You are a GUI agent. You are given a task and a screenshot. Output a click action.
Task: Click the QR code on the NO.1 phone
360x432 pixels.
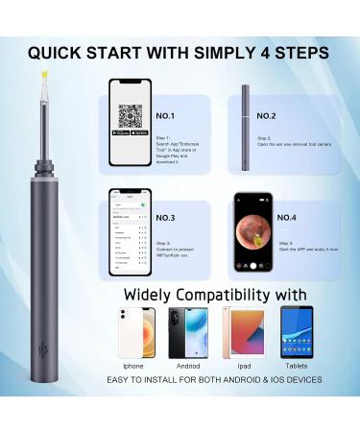(x=131, y=116)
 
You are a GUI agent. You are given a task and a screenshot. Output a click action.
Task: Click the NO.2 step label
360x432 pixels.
(x=266, y=115)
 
